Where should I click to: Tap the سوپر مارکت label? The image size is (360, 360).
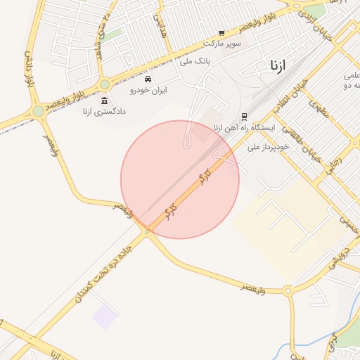click(x=223, y=44)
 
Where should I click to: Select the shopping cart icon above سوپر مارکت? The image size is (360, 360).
click(x=221, y=33)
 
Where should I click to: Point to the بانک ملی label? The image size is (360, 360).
click(x=196, y=61)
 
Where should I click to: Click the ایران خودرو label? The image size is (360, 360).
click(x=148, y=90)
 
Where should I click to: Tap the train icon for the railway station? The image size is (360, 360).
click(x=244, y=117)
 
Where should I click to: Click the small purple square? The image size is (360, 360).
click(x=104, y=316)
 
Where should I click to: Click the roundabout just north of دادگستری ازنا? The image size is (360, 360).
click(x=105, y=84)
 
